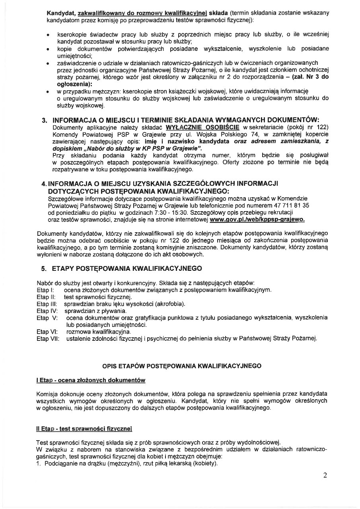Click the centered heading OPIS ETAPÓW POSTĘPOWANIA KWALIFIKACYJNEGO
point(182,365)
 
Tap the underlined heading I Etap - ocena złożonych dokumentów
point(91,381)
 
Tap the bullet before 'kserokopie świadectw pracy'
point(48,35)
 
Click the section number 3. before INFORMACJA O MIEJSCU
point(45,120)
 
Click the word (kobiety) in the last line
point(205,464)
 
